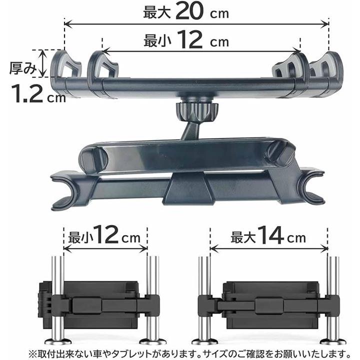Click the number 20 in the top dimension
(189, 11)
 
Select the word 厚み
(23, 68)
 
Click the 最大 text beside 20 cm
(157, 12)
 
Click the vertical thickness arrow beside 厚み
(42, 63)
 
